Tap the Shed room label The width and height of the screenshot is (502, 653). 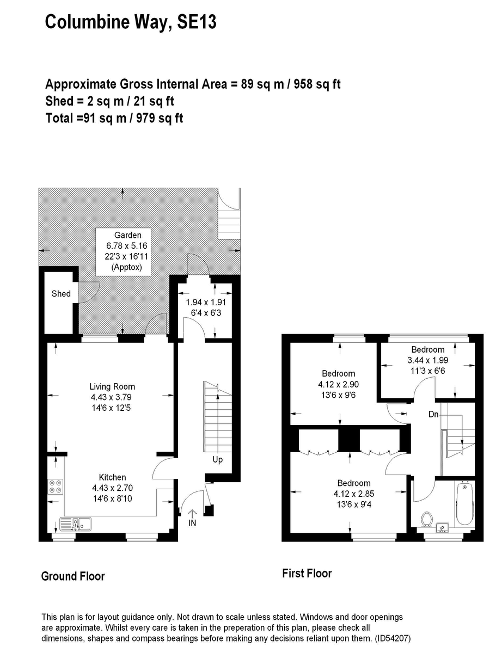coord(61,294)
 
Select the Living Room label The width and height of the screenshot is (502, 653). coord(112,386)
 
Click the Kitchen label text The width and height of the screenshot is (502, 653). coord(112,477)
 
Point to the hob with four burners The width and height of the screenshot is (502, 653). coord(56,487)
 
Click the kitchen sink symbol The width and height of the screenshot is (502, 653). coord(76,524)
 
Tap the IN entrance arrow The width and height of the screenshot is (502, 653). coord(192,514)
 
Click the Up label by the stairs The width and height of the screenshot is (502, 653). coord(217,459)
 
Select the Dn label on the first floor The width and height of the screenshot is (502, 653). coord(433,415)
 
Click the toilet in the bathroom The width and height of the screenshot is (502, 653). coord(427,519)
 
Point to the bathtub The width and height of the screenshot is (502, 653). coord(465,503)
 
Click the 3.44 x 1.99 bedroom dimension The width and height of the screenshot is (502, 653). coord(428,360)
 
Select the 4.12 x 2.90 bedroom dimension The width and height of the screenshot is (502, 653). coord(339,384)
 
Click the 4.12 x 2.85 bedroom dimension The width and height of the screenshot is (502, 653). coord(354,494)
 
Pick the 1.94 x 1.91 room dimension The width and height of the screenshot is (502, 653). coord(206,302)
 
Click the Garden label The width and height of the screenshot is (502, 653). coord(128,235)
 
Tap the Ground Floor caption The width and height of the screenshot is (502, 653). coord(73,576)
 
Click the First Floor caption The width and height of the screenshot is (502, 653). coord(307,574)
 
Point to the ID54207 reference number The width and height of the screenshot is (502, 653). coord(393,638)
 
